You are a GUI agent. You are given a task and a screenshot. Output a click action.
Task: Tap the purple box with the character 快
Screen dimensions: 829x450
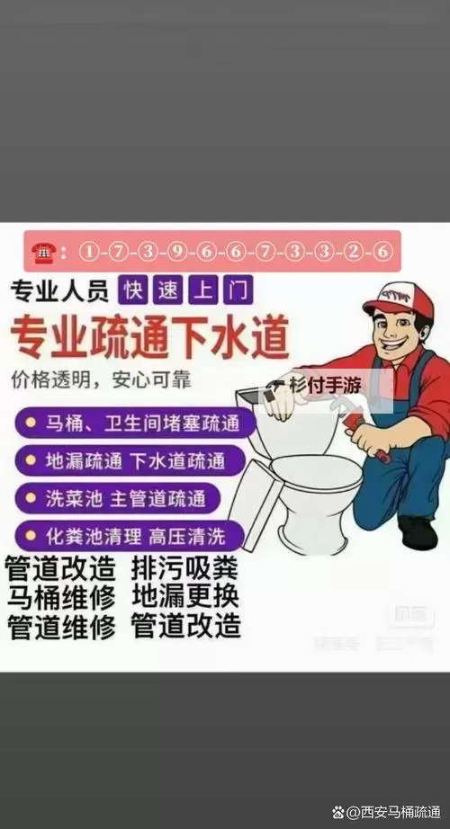tap(134, 290)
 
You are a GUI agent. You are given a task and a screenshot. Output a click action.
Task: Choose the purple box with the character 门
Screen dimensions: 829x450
tap(239, 290)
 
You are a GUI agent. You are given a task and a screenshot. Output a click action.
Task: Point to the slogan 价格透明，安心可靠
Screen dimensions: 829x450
tap(101, 379)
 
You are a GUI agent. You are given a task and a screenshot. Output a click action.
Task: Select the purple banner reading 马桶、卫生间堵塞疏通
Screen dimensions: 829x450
tap(135, 423)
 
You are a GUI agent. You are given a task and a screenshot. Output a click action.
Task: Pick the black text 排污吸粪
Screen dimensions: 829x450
tap(185, 570)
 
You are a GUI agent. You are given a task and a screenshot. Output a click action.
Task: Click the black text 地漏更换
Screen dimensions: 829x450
tap(185, 597)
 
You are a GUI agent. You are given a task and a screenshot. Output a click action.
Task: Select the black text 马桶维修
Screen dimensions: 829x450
tap(60, 598)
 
